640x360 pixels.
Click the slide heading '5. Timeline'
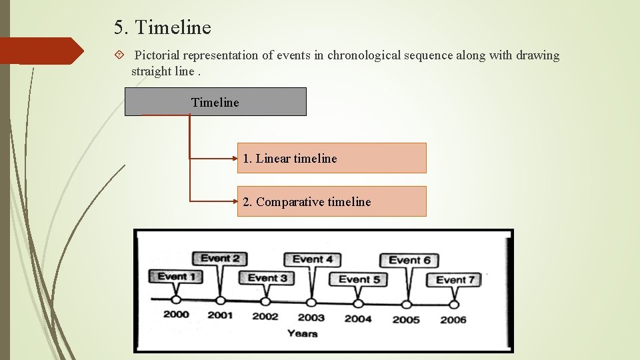(x=162, y=28)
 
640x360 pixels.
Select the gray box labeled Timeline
(x=215, y=102)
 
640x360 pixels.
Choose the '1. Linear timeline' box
(x=331, y=158)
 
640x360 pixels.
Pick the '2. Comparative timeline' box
(x=331, y=201)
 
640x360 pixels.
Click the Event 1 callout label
(x=177, y=276)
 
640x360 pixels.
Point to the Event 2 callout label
(x=220, y=259)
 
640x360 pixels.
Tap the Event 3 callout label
(x=267, y=278)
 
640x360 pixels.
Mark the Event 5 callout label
(x=359, y=279)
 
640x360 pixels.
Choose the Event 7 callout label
(x=455, y=280)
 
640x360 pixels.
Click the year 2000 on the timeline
(x=176, y=315)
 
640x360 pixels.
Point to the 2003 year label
(x=311, y=317)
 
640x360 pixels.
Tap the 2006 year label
(x=453, y=319)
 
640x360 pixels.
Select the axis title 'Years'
(x=302, y=333)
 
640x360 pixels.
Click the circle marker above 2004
(x=359, y=303)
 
